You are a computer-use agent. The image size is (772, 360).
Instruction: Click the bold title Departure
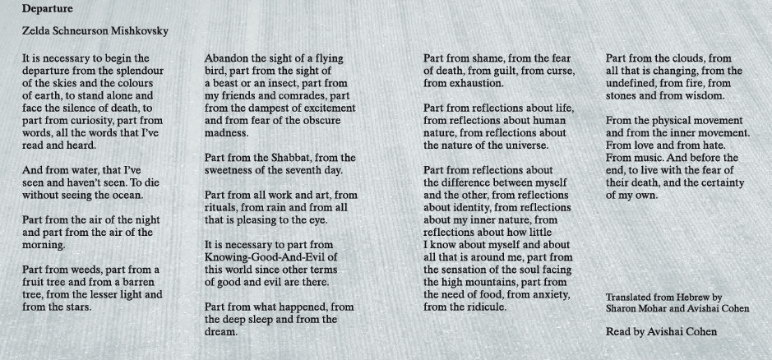tap(48, 10)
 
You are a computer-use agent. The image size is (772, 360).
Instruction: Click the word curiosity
tap(80, 120)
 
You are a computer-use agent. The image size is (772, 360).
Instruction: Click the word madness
tap(226, 132)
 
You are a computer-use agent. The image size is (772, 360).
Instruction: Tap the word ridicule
tap(482, 307)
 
